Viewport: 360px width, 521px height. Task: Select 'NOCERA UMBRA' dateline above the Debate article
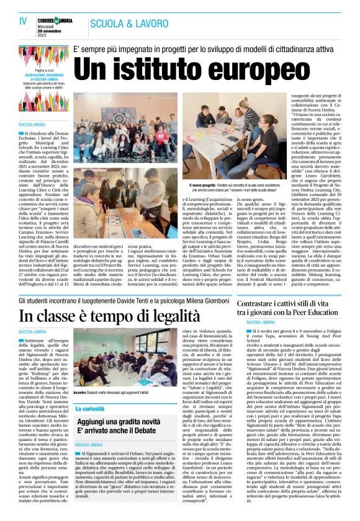pyautogui.click(x=89, y=445)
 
